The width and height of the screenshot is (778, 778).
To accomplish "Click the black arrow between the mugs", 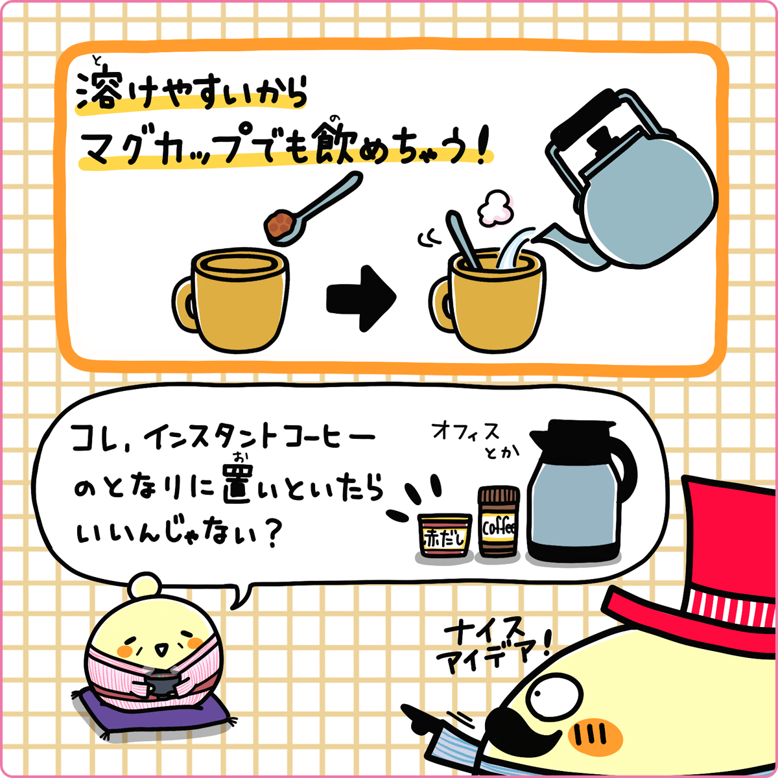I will (360, 298).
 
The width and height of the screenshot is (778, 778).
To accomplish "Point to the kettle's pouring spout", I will (551, 237).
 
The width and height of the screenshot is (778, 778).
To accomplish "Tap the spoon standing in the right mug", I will (464, 240).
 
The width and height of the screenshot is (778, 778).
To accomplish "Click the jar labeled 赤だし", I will (444, 536).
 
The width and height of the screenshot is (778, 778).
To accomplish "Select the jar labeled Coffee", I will (499, 523).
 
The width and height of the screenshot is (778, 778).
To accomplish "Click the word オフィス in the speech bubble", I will (466, 432).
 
